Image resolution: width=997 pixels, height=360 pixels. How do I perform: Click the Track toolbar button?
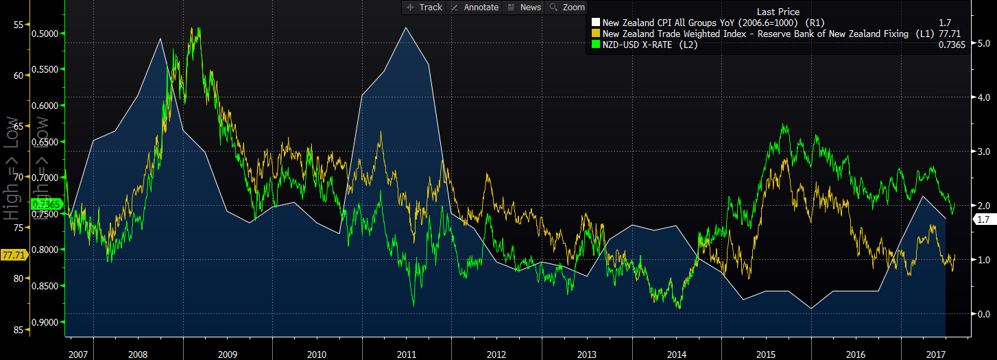point(424,7)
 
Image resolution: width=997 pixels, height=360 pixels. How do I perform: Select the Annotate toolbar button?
point(475,7)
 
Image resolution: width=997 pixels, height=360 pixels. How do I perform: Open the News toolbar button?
point(525,7)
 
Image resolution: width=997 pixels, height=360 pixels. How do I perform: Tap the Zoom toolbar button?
point(567,7)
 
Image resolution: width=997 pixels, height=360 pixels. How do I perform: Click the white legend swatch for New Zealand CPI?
point(595,23)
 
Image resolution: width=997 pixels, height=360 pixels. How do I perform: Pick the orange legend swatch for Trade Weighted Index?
point(595,34)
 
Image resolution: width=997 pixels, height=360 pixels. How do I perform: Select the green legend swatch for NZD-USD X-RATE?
point(595,45)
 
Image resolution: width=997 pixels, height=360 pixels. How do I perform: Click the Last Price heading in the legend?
point(778,12)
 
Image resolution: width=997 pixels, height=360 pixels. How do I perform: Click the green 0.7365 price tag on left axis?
point(50,204)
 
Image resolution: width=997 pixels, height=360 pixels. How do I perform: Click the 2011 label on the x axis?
point(407,355)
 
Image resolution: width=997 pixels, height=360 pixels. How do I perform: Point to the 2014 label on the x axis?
point(676,355)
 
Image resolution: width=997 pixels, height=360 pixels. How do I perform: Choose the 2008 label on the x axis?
point(137,355)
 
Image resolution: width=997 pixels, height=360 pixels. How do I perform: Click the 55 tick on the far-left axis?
point(19,25)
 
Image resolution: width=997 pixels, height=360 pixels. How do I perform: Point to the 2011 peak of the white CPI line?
point(406,27)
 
